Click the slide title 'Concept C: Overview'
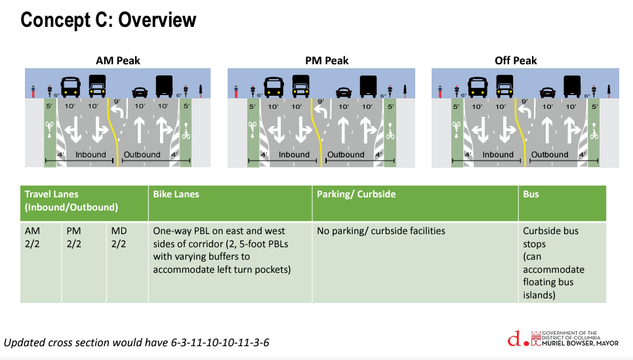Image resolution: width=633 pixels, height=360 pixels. pyautogui.click(x=108, y=20)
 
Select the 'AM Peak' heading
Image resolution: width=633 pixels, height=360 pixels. pyautogui.click(x=118, y=61)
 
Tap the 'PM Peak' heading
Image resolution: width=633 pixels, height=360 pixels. pyautogui.click(x=327, y=61)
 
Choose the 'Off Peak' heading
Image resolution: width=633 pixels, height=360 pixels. pyautogui.click(x=516, y=61)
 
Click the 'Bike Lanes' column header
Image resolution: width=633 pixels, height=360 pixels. pyautogui.click(x=176, y=195)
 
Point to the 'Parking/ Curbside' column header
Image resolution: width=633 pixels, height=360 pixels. pyautogui.click(x=356, y=195)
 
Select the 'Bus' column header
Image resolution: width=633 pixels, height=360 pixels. pyautogui.click(x=531, y=195)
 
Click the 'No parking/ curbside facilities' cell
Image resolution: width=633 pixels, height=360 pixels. pyautogui.click(x=381, y=231)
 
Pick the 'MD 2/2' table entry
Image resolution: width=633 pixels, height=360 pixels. pyautogui.click(x=119, y=237)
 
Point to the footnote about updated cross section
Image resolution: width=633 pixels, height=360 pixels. pyautogui.click(x=137, y=343)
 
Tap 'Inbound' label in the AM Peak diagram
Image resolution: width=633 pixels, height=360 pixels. pyautogui.click(x=91, y=155)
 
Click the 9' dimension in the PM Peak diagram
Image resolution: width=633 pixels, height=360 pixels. pyautogui.click(x=321, y=102)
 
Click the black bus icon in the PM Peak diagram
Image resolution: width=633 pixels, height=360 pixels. pyautogui.click(x=274, y=87)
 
